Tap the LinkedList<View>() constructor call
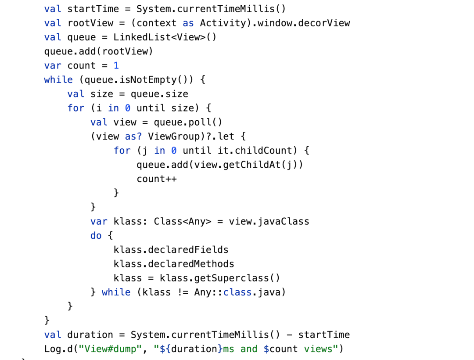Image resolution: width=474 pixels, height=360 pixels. pos(165,37)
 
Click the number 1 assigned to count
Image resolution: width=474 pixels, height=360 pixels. pos(116,65)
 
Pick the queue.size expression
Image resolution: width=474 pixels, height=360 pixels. pos(159,94)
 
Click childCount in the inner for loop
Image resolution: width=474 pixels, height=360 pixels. pos(263,151)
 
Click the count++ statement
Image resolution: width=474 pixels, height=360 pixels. pos(157,179)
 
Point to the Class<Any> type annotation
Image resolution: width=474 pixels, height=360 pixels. pos(182,221)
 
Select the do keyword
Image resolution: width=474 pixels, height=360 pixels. pos(96,236)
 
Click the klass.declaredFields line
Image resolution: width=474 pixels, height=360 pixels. pos(171,250)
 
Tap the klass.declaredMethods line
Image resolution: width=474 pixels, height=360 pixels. pos(174,264)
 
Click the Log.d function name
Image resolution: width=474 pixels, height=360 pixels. pos(56,349)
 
